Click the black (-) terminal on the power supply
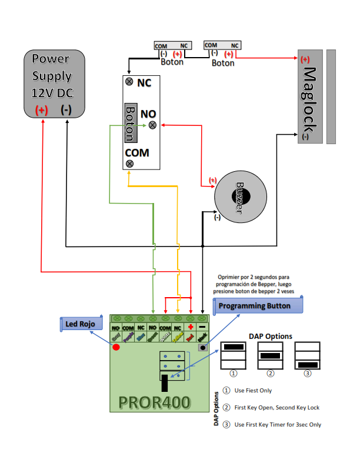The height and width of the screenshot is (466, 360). coord(66,109)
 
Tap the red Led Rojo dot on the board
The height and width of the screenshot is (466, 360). coord(116,347)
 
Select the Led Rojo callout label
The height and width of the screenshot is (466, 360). coord(82,324)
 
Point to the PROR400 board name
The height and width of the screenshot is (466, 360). coord(154,402)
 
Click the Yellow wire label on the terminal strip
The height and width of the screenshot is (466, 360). coord(178,337)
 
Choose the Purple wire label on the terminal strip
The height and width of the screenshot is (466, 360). coord(128,337)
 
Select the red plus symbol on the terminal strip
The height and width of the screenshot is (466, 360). coord(190,327)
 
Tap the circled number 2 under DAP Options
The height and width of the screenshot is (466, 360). coord(271,373)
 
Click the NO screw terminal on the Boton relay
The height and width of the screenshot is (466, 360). coord(153,125)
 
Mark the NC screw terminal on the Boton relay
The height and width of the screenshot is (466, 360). coord(129,82)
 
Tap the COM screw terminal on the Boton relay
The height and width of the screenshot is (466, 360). coord(129,164)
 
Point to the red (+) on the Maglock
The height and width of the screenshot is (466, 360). coord(305,59)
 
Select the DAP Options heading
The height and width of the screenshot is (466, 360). coord(271,336)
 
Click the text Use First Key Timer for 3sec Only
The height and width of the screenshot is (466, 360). coord(278,424)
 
